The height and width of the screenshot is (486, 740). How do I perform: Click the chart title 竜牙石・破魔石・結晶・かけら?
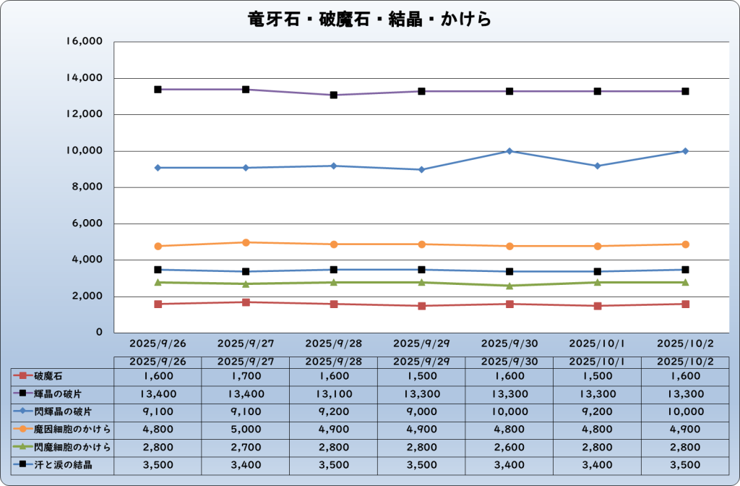[370, 19]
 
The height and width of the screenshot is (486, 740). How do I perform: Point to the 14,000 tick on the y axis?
[85, 78]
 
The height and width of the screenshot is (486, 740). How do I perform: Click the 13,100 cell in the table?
[333, 394]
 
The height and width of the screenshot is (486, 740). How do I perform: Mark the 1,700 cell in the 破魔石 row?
[246, 376]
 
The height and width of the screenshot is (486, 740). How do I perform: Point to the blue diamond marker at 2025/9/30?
[509, 151]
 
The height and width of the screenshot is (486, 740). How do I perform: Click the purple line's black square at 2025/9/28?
[334, 95]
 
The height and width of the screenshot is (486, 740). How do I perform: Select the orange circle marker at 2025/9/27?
[246, 242]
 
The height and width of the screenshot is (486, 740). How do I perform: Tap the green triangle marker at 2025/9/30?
[509, 286]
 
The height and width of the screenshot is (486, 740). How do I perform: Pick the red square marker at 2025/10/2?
[685, 304]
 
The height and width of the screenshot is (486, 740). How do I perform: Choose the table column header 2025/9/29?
[421, 361]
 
